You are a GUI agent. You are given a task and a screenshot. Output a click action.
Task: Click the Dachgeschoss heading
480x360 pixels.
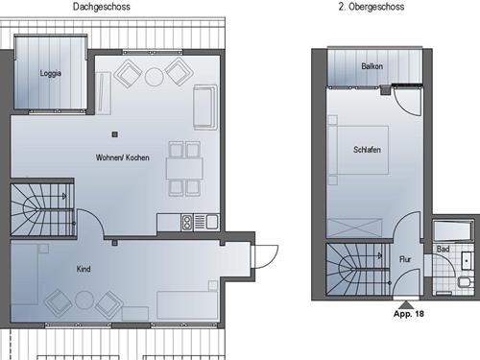(x=102, y=7)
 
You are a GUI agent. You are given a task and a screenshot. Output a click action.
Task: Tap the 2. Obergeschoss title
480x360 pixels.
(x=372, y=7)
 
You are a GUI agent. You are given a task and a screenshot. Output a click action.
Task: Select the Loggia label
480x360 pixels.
(x=51, y=73)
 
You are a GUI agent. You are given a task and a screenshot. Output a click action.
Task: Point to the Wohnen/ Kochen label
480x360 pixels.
(x=123, y=157)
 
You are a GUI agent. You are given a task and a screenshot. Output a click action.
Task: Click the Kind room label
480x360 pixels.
(x=84, y=269)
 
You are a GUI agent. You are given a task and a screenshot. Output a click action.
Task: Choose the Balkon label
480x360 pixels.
(x=372, y=66)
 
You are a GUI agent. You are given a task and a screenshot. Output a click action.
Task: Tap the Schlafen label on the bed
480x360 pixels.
(x=367, y=150)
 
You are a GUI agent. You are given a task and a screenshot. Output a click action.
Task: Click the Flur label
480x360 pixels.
(x=405, y=259)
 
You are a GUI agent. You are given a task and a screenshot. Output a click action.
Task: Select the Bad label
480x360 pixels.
(x=444, y=249)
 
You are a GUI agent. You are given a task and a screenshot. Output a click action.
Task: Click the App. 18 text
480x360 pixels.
(x=409, y=314)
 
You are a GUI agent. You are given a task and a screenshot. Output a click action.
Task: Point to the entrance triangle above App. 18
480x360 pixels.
(x=406, y=304)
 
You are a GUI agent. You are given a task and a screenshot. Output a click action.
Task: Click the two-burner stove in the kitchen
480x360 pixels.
(x=187, y=223)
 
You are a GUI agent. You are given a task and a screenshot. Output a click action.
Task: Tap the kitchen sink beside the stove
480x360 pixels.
(x=212, y=222)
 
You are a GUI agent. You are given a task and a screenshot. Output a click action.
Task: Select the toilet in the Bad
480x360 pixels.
(x=465, y=282)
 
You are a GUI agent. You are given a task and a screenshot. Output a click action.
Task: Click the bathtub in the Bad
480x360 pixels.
(x=452, y=230)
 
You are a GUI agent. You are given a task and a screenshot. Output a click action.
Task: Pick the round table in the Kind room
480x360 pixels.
(x=84, y=300)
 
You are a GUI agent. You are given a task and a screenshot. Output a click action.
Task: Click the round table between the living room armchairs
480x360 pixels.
(x=155, y=77)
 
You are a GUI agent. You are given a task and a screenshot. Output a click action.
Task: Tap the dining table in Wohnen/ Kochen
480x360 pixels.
(x=184, y=168)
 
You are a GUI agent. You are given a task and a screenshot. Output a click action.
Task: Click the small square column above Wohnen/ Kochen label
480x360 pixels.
(x=115, y=134)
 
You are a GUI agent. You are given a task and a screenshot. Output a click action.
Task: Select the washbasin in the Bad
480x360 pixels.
(x=467, y=260)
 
